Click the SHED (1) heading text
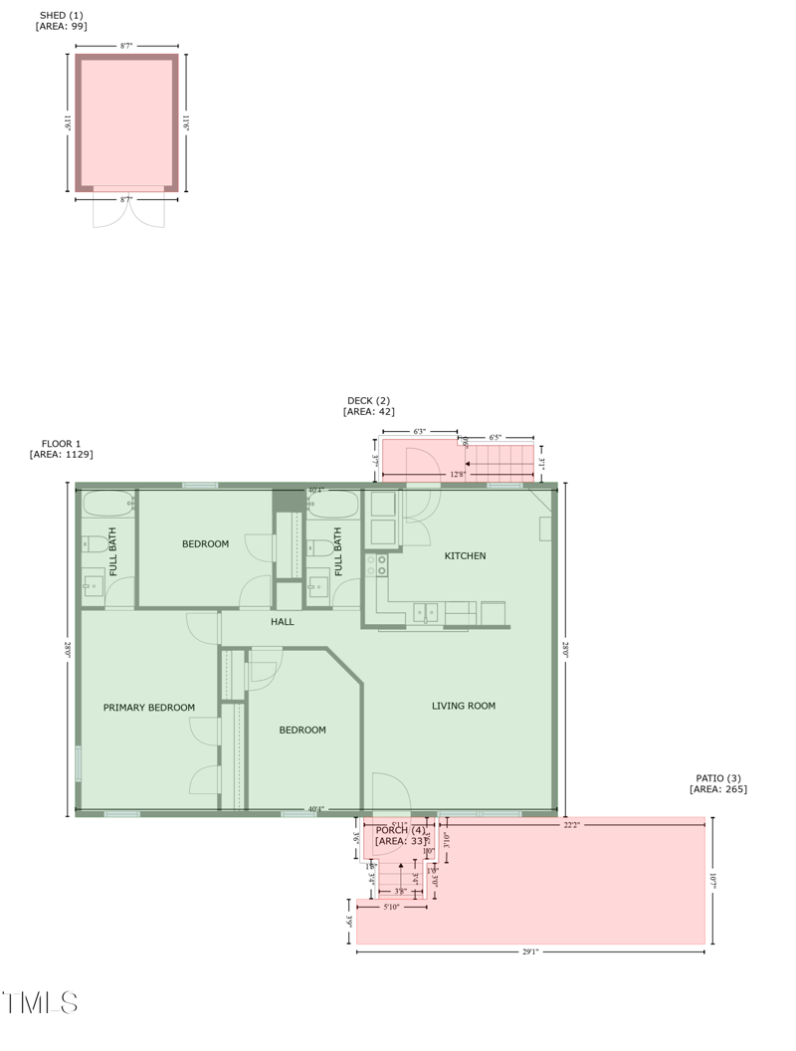point(61,15)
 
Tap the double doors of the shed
point(128,210)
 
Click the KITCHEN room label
point(465,555)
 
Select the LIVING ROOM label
point(463,706)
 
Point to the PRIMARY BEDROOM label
point(149,708)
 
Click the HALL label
point(283,622)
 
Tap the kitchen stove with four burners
point(376,565)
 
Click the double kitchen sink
point(426,612)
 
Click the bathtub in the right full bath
point(332,505)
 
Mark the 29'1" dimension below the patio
point(530,952)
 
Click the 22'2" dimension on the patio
point(571,825)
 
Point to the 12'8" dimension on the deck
point(458,475)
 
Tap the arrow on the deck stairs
point(469,464)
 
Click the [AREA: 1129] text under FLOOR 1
point(62,455)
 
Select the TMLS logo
point(40,1002)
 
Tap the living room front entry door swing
point(391,793)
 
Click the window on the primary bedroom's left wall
point(79,763)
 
